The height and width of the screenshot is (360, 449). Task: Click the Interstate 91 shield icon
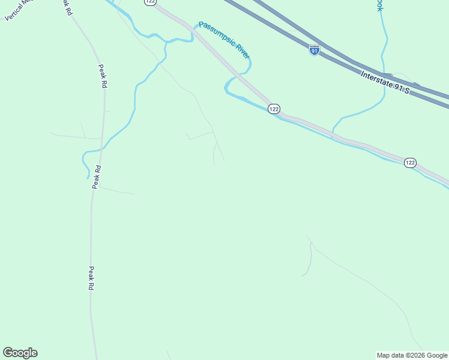(315, 50)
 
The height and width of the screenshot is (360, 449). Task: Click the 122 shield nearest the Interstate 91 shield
(274, 109)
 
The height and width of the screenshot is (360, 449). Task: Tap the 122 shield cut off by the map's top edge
(150, 2)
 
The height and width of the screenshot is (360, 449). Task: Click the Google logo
(20, 353)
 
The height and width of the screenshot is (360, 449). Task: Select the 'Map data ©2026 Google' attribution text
(412, 355)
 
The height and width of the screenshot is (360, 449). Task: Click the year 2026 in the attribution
(417, 355)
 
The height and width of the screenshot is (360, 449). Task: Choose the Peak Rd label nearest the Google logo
(91, 279)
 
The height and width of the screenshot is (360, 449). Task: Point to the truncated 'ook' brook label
(379, 5)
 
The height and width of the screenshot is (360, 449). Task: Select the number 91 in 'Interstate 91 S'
(397, 88)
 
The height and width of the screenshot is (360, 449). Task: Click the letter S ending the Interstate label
(406, 91)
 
